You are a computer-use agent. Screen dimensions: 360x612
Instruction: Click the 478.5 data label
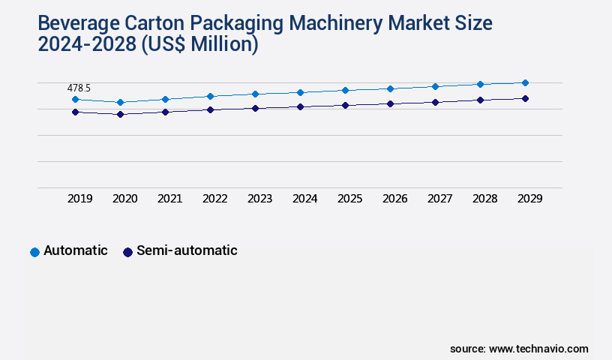point(79,88)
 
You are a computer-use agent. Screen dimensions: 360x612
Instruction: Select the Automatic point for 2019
point(75,99)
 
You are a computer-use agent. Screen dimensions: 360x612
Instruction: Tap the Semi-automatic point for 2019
point(75,112)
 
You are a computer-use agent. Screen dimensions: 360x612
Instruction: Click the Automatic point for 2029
point(525,82)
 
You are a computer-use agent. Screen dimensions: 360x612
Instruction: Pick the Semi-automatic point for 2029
point(525,98)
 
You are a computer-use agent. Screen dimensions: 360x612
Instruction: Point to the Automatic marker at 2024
point(300,92)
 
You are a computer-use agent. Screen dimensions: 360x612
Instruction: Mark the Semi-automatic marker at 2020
point(120,114)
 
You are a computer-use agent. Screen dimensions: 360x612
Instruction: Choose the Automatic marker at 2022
point(210,96)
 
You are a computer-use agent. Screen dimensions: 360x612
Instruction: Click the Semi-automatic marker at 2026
point(390,103)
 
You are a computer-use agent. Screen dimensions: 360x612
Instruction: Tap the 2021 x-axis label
point(169,199)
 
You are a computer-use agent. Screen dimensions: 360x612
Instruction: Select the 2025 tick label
point(349,199)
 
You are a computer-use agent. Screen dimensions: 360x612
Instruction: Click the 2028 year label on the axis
point(484,199)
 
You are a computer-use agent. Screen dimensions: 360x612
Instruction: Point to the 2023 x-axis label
point(259,199)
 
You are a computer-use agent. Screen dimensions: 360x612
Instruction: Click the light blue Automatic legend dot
point(34,252)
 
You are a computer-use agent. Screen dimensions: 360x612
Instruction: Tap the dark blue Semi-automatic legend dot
point(127,252)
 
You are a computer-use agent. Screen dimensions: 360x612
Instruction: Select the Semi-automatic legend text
point(187,250)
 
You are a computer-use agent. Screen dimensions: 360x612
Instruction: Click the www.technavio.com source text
point(538,349)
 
